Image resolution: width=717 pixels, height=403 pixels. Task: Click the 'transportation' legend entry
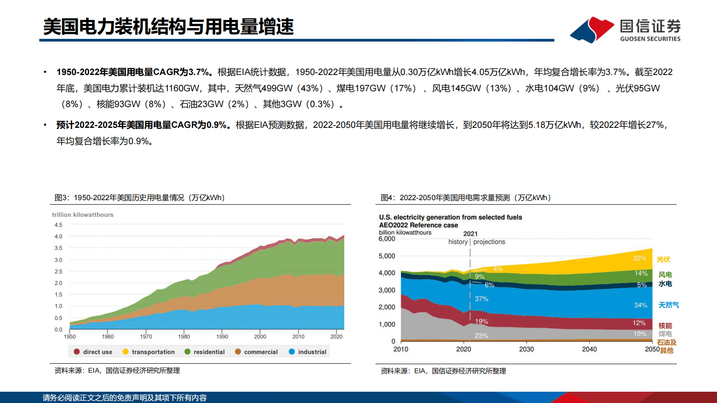[x=153, y=352]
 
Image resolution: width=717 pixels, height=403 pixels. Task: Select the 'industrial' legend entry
[x=312, y=352]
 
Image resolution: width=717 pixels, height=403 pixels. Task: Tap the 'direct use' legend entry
[x=97, y=352]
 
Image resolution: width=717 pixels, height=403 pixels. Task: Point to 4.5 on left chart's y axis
[x=58, y=225]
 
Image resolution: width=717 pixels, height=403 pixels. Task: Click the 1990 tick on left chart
[x=222, y=337]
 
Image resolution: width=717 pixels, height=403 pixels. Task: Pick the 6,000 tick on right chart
[x=387, y=239]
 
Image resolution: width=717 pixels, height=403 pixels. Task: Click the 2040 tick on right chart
[x=589, y=349]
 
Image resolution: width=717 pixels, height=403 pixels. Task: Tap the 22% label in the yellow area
[x=639, y=258]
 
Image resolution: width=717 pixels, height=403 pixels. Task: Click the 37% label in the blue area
[x=481, y=299]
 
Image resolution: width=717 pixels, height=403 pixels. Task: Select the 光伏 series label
[x=663, y=259]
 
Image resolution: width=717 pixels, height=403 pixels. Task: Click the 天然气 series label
[x=669, y=305]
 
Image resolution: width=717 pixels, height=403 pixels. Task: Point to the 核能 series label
[x=665, y=326]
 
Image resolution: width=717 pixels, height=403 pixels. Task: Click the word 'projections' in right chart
[x=489, y=242]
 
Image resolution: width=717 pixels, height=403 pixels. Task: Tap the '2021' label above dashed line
[x=470, y=234]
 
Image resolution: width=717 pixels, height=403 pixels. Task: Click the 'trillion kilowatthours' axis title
[x=83, y=215]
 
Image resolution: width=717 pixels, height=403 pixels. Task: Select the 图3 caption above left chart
[x=140, y=198]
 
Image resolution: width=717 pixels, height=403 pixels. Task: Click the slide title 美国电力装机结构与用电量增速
[x=169, y=27]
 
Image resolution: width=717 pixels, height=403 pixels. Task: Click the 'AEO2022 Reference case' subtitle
[x=418, y=225]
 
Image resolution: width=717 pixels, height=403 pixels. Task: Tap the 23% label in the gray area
[x=481, y=336]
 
